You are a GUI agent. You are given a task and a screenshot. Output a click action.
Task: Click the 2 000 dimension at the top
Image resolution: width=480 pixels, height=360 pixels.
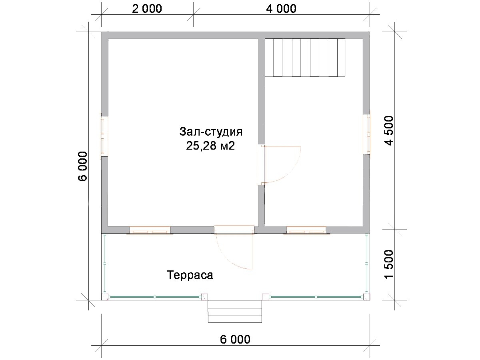(x=147, y=9)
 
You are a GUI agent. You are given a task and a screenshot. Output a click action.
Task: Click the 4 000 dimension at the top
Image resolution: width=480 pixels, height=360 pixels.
(x=281, y=9)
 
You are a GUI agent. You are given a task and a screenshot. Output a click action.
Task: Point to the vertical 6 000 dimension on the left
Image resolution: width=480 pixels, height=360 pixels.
(x=83, y=166)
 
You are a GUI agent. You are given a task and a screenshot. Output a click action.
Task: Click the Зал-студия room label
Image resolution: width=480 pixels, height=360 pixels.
(x=211, y=132)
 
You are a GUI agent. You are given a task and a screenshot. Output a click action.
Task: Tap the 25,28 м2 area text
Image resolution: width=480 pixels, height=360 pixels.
(x=210, y=146)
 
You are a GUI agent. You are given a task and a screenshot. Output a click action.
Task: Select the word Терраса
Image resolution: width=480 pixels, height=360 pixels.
(x=190, y=275)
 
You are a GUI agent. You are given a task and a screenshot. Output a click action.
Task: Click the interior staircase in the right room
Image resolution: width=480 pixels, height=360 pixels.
(x=305, y=58)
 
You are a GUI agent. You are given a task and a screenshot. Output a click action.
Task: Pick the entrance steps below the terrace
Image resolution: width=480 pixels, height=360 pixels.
(x=235, y=312)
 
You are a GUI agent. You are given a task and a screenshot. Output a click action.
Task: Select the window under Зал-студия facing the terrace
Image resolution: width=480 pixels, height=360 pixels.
(x=150, y=231)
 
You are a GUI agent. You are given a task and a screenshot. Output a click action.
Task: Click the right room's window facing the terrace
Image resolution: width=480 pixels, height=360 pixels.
(x=306, y=231)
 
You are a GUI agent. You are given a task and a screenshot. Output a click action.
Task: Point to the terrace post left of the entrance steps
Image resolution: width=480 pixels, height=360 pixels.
(x=204, y=297)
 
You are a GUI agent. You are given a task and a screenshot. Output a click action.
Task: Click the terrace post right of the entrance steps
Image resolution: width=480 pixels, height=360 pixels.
(x=266, y=297)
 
